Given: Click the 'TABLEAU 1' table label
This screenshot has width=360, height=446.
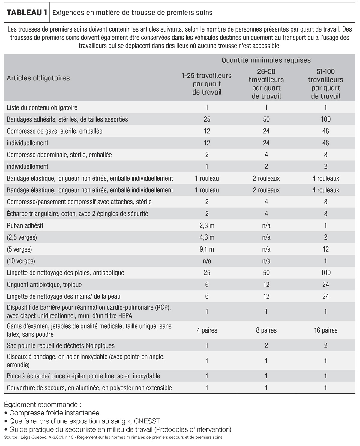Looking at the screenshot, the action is point(27,13).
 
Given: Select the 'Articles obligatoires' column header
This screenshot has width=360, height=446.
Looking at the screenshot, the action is point(38,78).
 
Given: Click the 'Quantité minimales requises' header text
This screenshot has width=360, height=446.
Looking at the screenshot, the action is point(266,60).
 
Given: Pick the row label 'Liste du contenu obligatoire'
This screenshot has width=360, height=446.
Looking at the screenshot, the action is point(42,108).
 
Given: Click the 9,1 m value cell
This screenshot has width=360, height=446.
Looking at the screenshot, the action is point(207,249).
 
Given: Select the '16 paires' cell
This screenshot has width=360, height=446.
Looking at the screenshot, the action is point(326,330).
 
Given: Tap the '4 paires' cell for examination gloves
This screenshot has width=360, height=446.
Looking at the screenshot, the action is point(207,330).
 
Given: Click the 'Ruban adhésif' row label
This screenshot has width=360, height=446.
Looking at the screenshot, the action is point(25,225).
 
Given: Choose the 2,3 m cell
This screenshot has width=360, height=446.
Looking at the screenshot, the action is point(207,225).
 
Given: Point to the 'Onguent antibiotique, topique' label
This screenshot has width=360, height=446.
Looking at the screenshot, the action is point(44,285).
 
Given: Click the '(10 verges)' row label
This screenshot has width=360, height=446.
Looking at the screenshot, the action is point(21,261).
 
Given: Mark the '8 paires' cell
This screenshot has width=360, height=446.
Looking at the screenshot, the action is point(266,330).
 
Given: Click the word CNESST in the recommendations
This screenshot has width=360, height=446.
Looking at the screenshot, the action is point(147,421).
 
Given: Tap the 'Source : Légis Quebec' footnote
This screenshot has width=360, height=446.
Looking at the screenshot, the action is point(114,437).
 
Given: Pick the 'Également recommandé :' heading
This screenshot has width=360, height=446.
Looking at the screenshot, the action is point(43,405).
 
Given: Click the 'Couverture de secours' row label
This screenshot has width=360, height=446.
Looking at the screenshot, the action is point(89,388).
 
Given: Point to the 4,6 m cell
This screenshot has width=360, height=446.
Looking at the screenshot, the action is point(207,237).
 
